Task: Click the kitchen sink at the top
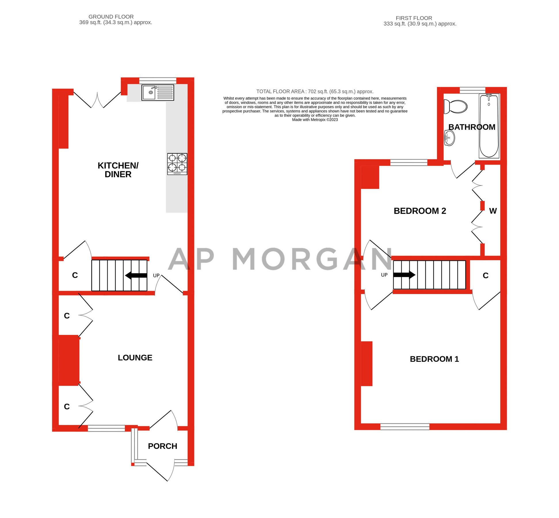(x=158, y=92)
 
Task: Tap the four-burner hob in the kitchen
(x=177, y=164)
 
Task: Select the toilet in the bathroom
(x=455, y=106)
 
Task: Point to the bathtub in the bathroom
(x=489, y=126)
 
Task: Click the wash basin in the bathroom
(x=449, y=138)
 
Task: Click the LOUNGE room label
(x=135, y=358)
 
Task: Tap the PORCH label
(x=162, y=446)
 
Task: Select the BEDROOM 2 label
(x=419, y=211)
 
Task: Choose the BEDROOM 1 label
(x=434, y=359)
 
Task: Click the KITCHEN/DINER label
(x=118, y=170)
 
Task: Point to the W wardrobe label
(x=493, y=211)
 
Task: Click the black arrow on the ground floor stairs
(x=136, y=275)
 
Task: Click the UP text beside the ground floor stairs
(x=156, y=275)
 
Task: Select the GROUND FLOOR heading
(x=111, y=17)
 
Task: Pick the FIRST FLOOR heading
(x=414, y=18)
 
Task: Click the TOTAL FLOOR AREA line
(x=315, y=92)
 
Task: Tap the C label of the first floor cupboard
(x=486, y=276)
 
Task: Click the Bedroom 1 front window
(x=405, y=426)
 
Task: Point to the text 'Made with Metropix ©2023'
(x=315, y=120)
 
